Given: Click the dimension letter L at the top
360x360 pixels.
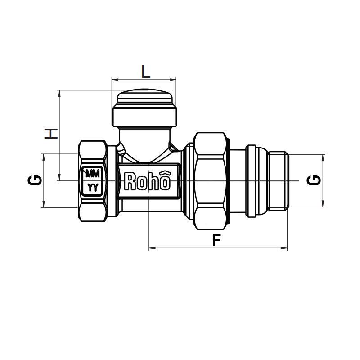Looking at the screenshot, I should tap(145, 71).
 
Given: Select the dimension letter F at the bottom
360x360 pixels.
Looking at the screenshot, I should tap(216, 240).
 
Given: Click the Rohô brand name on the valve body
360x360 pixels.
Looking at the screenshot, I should tap(147, 181).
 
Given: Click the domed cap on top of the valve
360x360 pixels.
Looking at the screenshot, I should tap(144, 97).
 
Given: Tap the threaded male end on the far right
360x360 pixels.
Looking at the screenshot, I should tap(278, 181).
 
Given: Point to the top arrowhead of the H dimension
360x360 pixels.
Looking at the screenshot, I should tap(59, 93).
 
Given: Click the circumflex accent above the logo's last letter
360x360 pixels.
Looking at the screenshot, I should tap(166, 174).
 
